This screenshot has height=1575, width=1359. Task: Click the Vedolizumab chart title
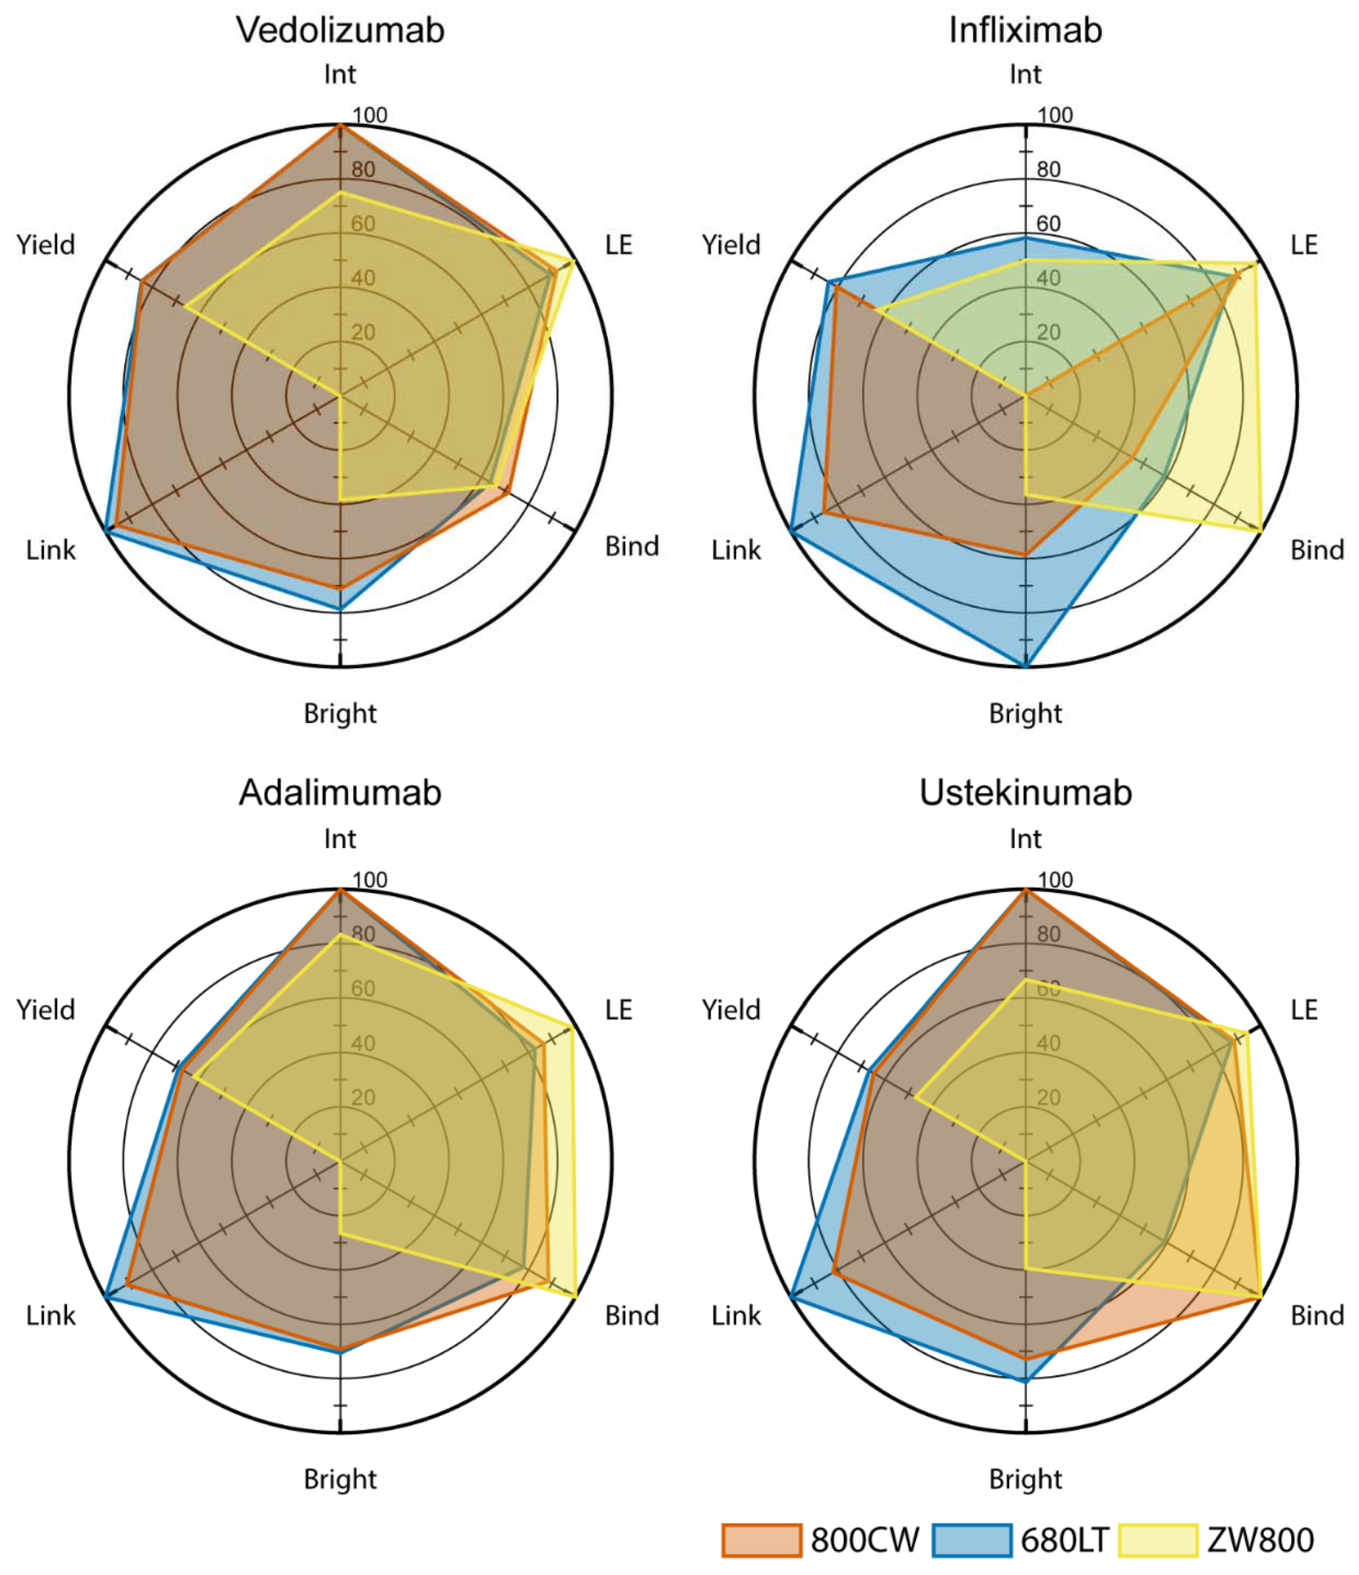click(x=340, y=30)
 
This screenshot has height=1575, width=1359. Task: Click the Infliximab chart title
click(x=1025, y=30)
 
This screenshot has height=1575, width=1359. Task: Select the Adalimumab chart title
click(x=340, y=792)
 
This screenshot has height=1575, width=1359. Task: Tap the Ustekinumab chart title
click(x=1025, y=792)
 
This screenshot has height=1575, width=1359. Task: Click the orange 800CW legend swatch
click(x=761, y=1540)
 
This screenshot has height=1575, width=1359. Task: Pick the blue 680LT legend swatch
click(x=972, y=1540)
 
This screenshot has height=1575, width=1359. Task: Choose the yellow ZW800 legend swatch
click(x=1158, y=1540)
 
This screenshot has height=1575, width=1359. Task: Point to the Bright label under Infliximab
click(x=1025, y=713)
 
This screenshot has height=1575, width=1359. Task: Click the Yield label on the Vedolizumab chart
click(x=46, y=245)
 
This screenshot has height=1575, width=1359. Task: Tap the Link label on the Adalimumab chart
click(x=51, y=1315)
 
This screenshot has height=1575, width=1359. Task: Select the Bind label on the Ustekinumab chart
click(x=1316, y=1315)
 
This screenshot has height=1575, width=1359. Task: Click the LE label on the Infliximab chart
click(x=1304, y=245)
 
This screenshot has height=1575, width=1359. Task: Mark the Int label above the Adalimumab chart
click(x=340, y=839)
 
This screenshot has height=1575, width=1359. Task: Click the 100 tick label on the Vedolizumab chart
click(x=369, y=115)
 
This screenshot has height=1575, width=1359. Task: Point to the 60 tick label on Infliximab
click(x=1048, y=224)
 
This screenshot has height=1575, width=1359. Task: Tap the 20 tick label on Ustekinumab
click(x=1048, y=1097)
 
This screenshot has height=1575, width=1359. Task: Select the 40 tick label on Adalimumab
click(x=363, y=1043)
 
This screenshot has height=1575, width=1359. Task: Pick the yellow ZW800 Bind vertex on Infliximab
click(x=1261, y=531)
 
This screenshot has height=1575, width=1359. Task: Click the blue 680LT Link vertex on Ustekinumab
click(x=791, y=1295)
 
